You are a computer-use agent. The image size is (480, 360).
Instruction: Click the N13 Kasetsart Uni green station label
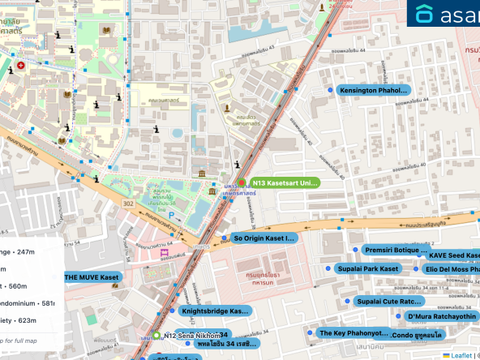pyautogui.click(x=285, y=183)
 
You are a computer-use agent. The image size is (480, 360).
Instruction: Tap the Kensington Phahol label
pyautogui.click(x=375, y=90)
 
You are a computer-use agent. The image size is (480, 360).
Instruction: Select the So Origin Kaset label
pyautogui.click(x=263, y=238)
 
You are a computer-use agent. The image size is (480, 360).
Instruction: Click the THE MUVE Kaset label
pyautogui.click(x=93, y=277)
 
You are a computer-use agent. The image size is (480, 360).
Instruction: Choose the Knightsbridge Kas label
pyautogui.click(x=214, y=311)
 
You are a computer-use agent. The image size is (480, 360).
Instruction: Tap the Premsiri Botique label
pyautogui.click(x=395, y=250)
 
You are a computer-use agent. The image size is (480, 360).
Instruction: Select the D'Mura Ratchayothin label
pyautogui.click(x=441, y=316)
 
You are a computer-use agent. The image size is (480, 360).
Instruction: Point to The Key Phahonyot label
pyautogui.click(x=354, y=332)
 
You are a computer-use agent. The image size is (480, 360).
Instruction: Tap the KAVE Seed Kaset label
pyautogui.click(x=453, y=255)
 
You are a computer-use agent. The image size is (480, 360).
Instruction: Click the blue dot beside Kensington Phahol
pyautogui.click(x=331, y=90)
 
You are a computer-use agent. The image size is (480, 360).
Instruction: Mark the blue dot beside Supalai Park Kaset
pyautogui.click(x=327, y=268)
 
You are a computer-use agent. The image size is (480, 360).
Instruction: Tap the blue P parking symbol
pyautogui.click(x=170, y=215)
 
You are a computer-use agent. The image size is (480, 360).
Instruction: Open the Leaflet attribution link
pyautogui.click(x=461, y=354)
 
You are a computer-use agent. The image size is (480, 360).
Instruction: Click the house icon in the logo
pyautogui.click(x=425, y=14)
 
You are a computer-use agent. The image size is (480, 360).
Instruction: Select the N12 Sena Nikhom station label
pyautogui.click(x=192, y=335)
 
